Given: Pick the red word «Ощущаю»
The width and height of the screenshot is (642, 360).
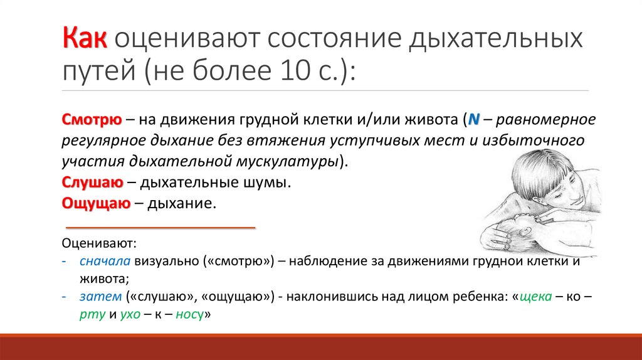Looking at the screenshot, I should coord(96,204).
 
